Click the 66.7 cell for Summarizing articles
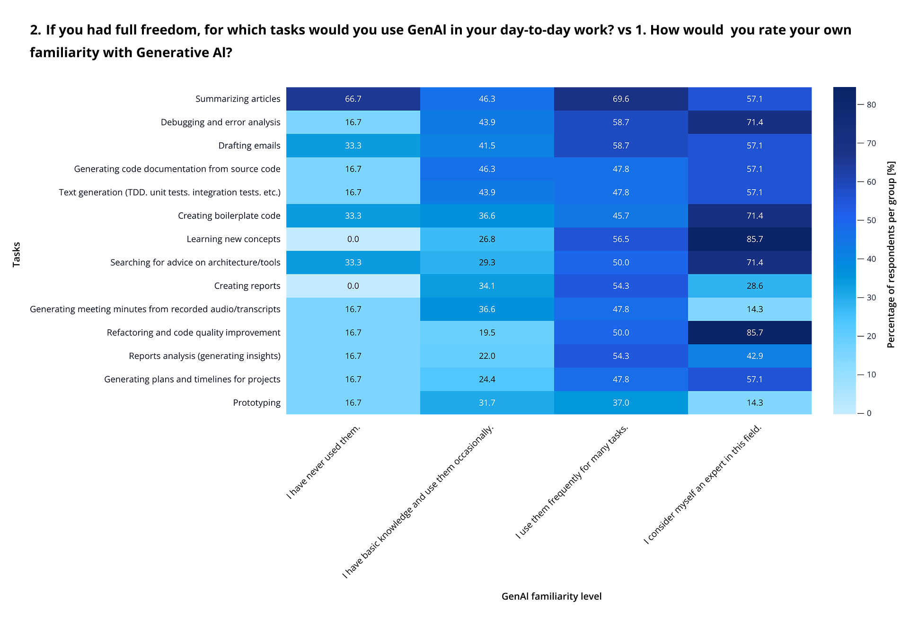click(353, 99)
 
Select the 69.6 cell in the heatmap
click(620, 99)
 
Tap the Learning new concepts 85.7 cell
click(754, 239)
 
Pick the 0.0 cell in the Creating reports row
click(353, 286)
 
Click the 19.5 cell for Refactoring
click(487, 333)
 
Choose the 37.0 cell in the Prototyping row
click(620, 403)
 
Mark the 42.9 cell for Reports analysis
click(754, 356)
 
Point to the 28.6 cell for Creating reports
click(754, 286)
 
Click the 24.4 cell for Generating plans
click(487, 379)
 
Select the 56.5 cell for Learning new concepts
click(620, 239)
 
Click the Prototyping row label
click(256, 403)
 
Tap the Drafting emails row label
click(249, 146)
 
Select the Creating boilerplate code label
click(229, 216)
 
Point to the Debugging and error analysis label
click(221, 122)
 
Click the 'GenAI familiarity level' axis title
click(551, 597)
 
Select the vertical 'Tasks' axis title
click(17, 254)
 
